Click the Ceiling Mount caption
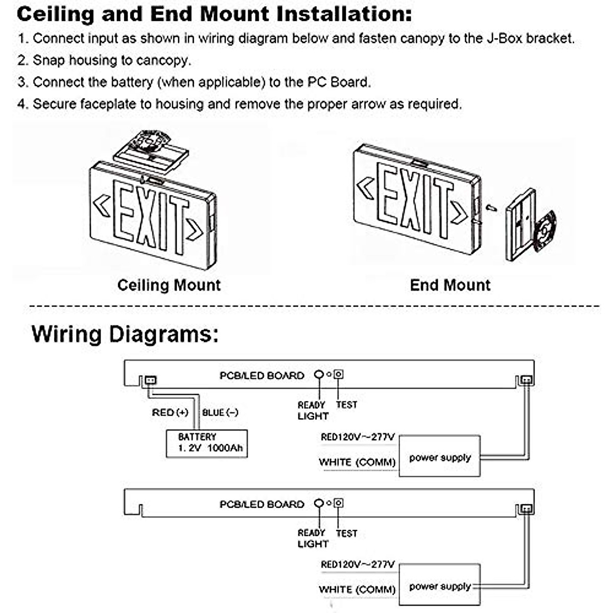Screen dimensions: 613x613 [169, 285]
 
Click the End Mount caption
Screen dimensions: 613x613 [450, 285]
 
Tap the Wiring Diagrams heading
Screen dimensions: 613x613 [125, 335]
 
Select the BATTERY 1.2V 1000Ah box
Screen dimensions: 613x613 [207, 443]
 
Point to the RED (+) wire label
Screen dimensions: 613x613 [170, 412]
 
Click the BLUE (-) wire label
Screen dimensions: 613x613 [220, 412]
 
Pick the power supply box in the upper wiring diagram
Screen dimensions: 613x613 [439, 456]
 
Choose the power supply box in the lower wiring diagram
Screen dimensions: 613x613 [439, 585]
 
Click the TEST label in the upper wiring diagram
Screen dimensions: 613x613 [346, 405]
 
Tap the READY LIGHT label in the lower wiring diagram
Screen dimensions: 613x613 [312, 538]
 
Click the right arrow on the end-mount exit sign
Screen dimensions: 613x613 [459, 212]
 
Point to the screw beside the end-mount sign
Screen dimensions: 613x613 [491, 207]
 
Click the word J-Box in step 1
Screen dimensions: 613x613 [504, 38]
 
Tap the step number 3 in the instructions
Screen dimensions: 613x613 [21, 82]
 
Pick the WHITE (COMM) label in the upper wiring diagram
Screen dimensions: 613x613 [357, 462]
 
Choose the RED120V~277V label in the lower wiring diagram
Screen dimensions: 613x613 [358, 564]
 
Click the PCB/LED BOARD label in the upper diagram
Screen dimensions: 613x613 [262, 375]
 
